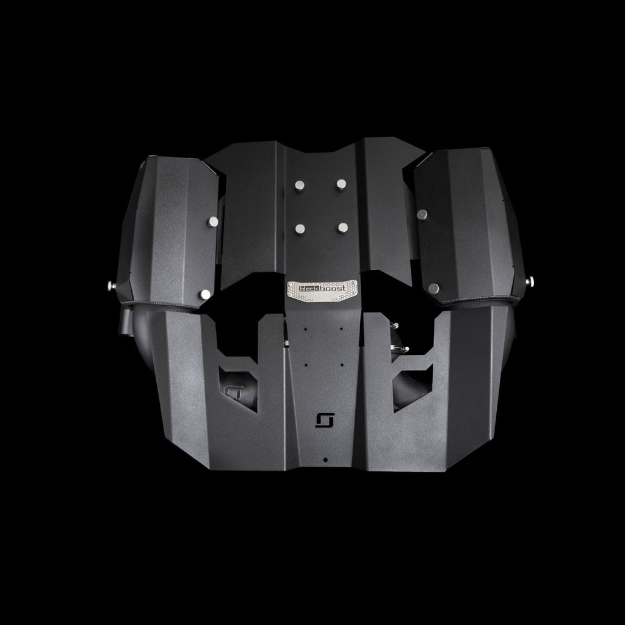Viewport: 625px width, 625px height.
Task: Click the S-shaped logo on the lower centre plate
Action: coord(324,420)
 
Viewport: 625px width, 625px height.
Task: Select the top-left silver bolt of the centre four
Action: coord(300,185)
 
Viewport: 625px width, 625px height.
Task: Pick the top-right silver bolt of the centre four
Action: coord(341,184)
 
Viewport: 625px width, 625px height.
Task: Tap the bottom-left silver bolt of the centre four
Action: coord(300,228)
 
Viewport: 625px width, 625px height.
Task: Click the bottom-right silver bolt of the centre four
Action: coord(343,228)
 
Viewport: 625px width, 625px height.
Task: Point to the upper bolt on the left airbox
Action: coord(213,222)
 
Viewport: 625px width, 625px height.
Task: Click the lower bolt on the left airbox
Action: coord(205,295)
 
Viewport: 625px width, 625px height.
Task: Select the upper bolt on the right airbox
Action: coord(422,214)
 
